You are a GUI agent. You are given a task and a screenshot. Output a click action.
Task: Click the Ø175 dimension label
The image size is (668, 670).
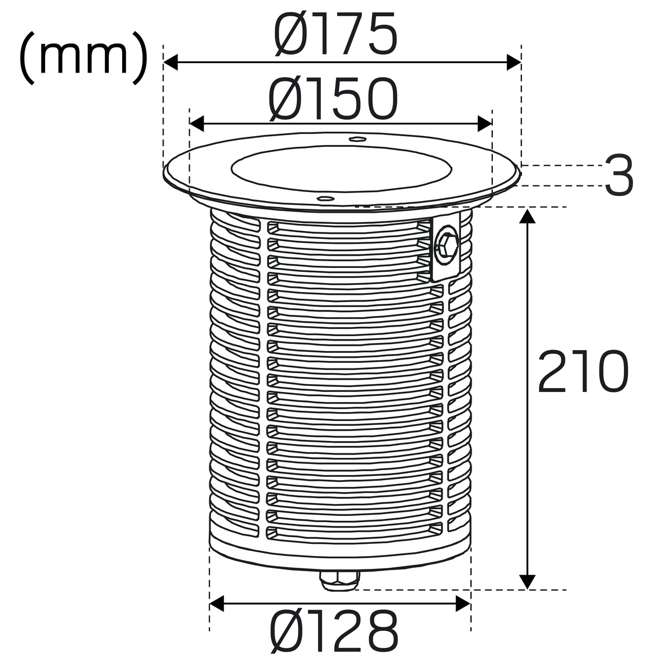(335, 33)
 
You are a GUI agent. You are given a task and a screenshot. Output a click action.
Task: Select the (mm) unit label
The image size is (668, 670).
(84, 58)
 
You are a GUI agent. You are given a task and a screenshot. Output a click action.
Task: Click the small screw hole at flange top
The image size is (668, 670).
(357, 139)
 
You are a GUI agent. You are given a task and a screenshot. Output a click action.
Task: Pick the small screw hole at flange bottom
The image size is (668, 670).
(326, 199)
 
